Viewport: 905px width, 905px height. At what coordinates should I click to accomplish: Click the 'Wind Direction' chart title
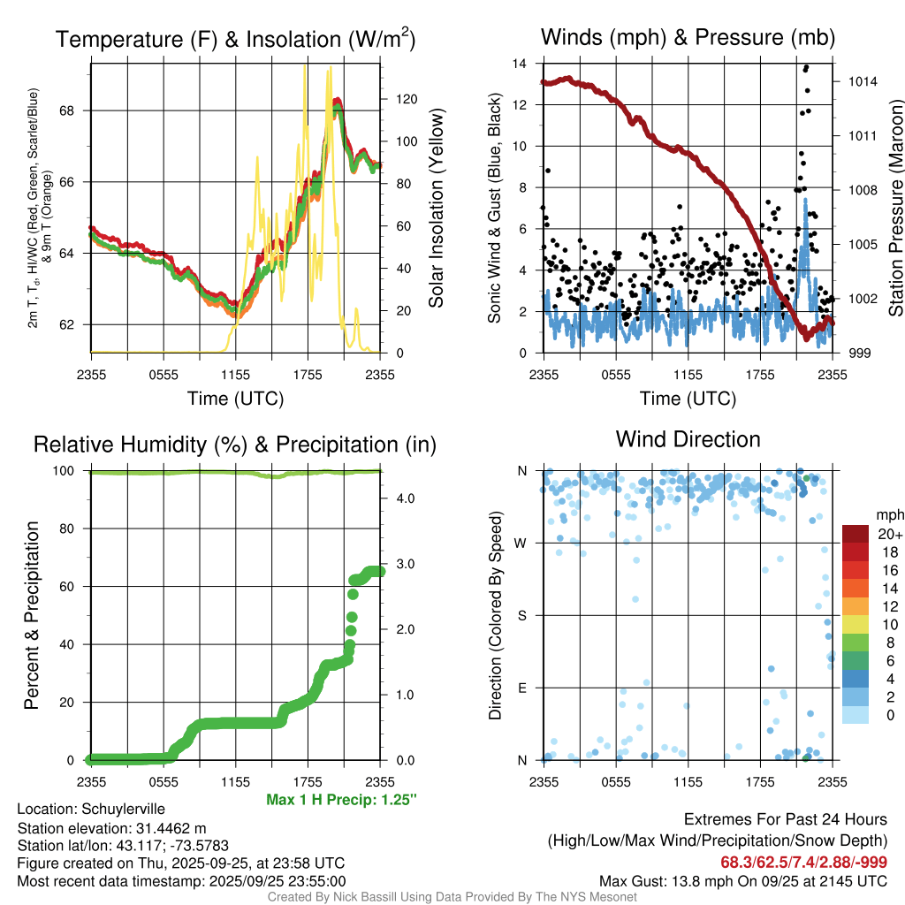coord(688,439)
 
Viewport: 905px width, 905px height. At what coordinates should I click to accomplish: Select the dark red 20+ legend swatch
coord(855,534)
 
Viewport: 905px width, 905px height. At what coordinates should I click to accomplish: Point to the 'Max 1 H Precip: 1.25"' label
coord(341,799)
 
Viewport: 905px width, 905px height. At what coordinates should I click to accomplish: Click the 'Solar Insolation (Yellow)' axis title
coord(436,209)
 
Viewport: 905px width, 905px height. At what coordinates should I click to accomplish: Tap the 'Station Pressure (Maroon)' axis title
coord(894,209)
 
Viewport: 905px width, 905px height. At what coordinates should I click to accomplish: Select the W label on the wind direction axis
coord(522,543)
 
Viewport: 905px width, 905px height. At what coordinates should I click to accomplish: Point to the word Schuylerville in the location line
coord(123,809)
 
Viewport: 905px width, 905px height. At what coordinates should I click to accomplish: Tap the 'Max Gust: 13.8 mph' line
coord(743,880)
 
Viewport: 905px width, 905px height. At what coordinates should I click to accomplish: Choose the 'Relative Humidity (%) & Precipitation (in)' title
coord(234,445)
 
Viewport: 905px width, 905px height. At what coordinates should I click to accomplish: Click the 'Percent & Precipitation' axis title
coord(32,615)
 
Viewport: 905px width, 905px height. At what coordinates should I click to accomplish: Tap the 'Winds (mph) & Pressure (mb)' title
coord(688,37)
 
